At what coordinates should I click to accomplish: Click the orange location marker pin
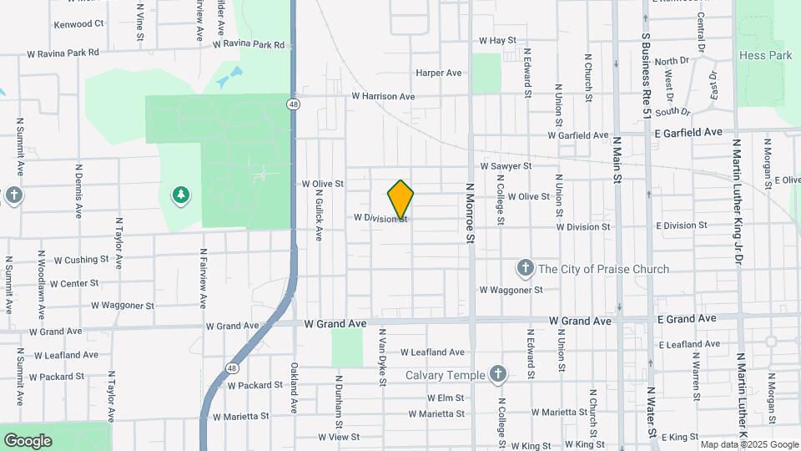(x=400, y=200)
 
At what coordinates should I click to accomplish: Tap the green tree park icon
(x=180, y=195)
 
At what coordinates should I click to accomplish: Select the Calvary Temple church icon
(x=498, y=374)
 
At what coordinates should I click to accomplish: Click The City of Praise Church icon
(x=525, y=269)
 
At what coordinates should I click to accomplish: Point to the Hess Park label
(x=765, y=55)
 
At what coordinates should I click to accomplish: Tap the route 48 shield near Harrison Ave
(x=292, y=104)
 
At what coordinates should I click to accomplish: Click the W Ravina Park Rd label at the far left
(x=63, y=53)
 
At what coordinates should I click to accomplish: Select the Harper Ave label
(x=439, y=73)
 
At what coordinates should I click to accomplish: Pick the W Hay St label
(x=498, y=40)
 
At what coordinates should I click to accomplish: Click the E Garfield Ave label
(x=688, y=133)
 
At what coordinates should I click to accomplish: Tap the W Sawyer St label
(x=506, y=166)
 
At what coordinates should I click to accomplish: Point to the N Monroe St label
(x=471, y=213)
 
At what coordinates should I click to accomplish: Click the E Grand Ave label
(x=687, y=319)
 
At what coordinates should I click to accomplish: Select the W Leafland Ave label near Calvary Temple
(x=432, y=352)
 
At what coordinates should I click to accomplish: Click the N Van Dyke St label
(x=382, y=357)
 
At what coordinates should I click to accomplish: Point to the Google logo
(x=28, y=441)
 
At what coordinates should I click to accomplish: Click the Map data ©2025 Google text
(x=748, y=444)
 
